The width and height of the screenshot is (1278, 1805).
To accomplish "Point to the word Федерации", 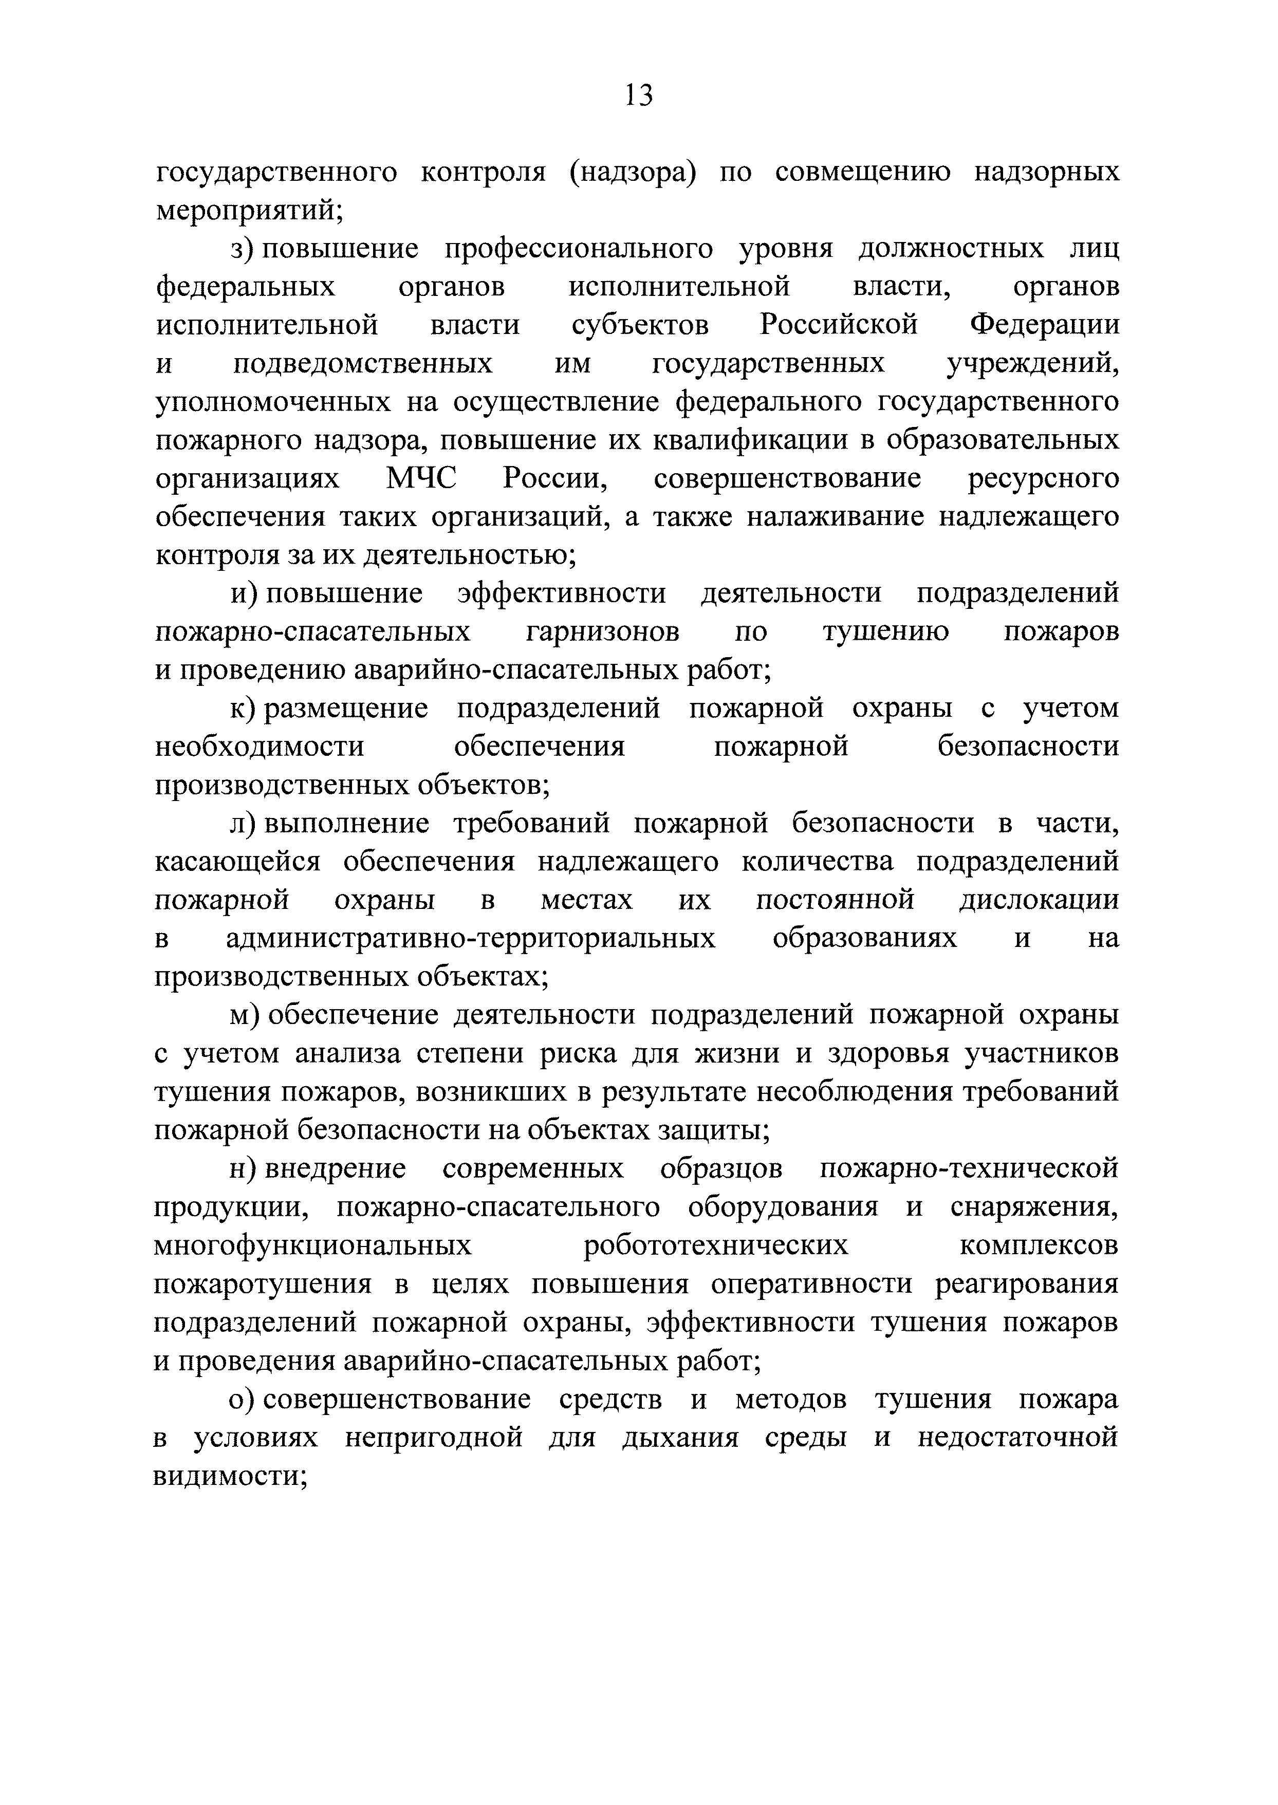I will click(1044, 324).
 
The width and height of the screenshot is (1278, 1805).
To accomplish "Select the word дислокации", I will click(1039, 899).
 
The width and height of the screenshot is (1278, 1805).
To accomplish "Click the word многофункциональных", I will click(313, 1245).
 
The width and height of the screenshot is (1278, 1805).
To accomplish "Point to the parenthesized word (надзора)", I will click(634, 172).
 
